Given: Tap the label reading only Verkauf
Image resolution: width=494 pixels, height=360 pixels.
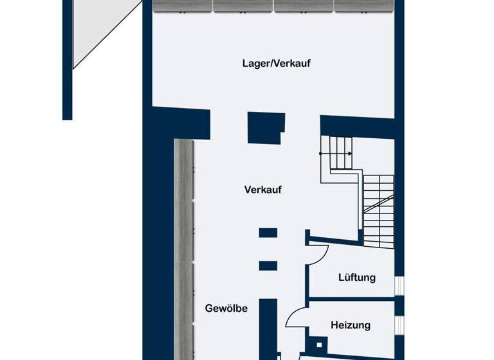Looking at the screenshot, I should click(264, 190).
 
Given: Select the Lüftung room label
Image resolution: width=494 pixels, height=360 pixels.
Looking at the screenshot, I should click(357, 278).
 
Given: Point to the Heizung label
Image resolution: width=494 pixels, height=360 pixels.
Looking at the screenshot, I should click(351, 325).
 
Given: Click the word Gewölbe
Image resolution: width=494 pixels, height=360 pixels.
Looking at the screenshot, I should click(226, 308).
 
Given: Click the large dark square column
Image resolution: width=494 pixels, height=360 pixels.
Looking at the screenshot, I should click(266, 127).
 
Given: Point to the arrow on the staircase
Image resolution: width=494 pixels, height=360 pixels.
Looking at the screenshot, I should click(348, 154).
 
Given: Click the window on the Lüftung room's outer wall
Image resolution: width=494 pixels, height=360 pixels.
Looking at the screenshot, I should click(399, 284).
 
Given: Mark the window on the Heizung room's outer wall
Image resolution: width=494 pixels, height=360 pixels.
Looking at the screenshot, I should click(399, 324).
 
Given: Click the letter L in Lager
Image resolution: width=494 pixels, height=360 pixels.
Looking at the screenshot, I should click(245, 63).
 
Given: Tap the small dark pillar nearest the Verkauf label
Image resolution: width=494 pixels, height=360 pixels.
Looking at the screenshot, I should click(268, 233).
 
